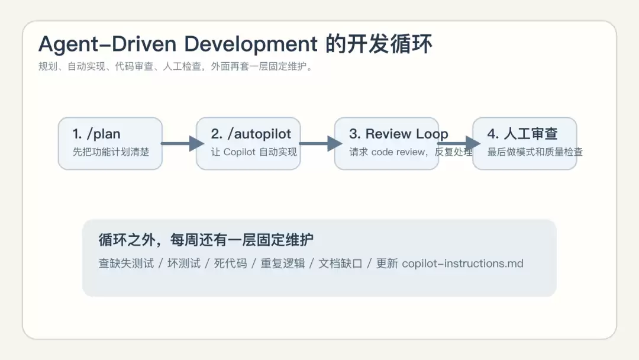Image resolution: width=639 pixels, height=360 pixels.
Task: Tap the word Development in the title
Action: [251, 44]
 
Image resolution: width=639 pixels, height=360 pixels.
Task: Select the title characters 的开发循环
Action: [379, 44]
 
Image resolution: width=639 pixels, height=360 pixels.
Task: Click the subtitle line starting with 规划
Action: [176, 66]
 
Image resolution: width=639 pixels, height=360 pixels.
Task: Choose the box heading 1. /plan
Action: [96, 134]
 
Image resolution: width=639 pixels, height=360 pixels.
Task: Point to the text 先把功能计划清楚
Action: [111, 152]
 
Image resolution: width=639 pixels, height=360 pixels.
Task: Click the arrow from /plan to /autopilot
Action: [183, 143]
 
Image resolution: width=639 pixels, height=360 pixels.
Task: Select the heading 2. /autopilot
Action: [251, 134]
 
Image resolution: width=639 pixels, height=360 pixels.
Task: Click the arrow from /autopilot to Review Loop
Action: [321, 143]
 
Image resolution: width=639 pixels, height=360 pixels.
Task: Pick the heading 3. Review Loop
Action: [399, 134]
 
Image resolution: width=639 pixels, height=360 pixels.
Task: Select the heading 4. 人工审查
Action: [522, 134]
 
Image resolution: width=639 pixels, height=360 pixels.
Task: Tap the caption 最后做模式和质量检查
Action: [535, 152]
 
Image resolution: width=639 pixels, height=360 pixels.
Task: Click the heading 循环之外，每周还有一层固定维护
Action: [206, 240]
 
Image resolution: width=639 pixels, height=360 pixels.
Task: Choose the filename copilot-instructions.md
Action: [463, 263]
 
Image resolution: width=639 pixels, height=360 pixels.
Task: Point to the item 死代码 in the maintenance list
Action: [230, 263]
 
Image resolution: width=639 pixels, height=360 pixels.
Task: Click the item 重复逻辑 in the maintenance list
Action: [282, 263]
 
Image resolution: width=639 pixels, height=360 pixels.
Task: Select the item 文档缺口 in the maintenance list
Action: [340, 263]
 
